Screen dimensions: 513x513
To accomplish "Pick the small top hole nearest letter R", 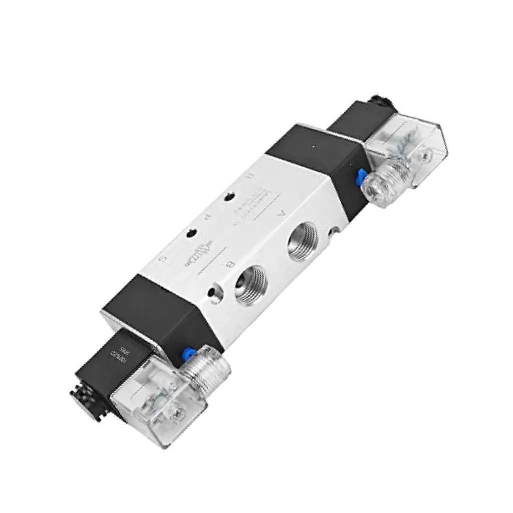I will click(x=229, y=197).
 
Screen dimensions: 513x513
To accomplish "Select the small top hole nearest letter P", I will click(x=190, y=233).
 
